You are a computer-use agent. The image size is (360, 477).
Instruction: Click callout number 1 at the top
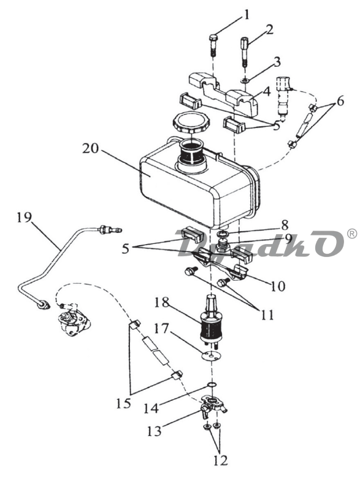click(247, 15)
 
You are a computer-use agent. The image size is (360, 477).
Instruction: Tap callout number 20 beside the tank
click(90, 148)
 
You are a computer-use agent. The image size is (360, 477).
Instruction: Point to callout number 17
click(162, 329)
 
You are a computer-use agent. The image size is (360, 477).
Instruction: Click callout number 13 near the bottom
click(155, 431)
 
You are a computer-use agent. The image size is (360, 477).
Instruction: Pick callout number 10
click(278, 286)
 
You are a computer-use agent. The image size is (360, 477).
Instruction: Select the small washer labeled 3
click(245, 81)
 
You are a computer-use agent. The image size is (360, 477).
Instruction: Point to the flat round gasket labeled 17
click(210, 356)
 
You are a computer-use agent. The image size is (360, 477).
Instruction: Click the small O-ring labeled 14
click(212, 385)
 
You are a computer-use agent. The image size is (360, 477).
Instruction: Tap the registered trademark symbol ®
click(352, 234)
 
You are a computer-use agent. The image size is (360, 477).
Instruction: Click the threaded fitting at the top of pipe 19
click(110, 230)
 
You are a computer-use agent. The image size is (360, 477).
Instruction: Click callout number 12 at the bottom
click(220, 460)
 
